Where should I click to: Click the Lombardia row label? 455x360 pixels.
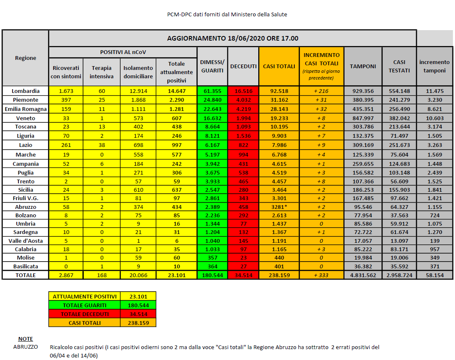(x=26, y=91)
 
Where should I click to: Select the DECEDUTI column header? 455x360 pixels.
(x=244, y=66)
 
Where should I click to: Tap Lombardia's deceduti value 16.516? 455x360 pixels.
(x=244, y=91)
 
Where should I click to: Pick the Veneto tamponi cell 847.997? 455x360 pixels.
(x=362, y=118)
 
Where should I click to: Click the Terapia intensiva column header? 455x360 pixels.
(x=102, y=72)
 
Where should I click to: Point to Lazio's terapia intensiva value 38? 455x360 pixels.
(x=102, y=145)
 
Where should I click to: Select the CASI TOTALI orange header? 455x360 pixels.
(x=279, y=66)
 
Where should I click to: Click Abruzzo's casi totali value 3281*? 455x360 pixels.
(x=279, y=207)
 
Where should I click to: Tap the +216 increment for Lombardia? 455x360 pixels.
(x=321, y=91)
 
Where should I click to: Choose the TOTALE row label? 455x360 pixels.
(x=26, y=275)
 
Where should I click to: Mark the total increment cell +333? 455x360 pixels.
(x=321, y=275)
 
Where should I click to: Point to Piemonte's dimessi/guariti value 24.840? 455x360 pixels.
(x=213, y=100)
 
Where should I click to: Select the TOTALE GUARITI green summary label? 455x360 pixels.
(x=84, y=305)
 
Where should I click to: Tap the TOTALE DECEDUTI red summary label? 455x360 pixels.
(x=84, y=314)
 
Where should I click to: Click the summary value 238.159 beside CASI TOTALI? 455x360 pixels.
(x=138, y=323)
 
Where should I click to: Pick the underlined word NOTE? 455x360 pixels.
(x=26, y=339)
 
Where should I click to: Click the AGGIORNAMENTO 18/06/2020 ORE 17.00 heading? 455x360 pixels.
(x=233, y=38)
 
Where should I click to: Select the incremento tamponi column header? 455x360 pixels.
(x=434, y=66)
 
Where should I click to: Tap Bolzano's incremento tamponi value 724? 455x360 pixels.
(x=434, y=215)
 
